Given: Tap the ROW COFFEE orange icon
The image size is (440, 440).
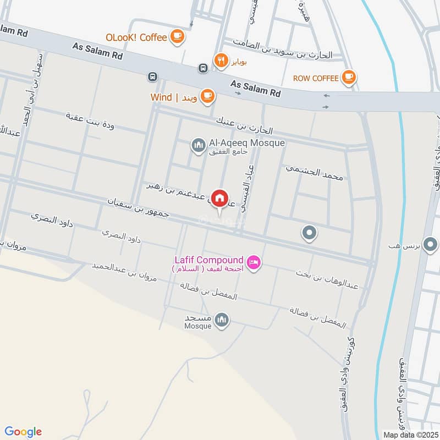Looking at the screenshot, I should tap(348, 78).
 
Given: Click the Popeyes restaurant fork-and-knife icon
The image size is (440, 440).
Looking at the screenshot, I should tap(221, 61).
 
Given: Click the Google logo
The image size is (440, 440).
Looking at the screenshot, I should tap(23, 432).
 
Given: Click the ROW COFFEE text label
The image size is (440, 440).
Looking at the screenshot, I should tap(315, 78).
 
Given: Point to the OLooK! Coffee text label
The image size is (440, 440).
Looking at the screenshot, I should tap(136, 37).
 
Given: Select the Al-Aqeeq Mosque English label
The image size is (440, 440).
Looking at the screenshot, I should tap(247, 143).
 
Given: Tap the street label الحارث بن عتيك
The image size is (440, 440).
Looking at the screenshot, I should tap(244, 124).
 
